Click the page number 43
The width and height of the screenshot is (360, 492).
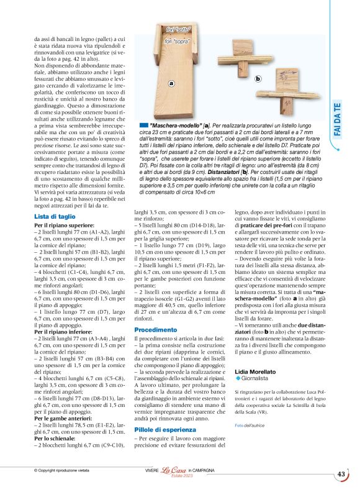(341, 474)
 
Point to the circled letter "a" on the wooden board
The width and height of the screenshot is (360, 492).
(171, 83)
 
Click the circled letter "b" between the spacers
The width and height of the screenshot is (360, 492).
(258, 78)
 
